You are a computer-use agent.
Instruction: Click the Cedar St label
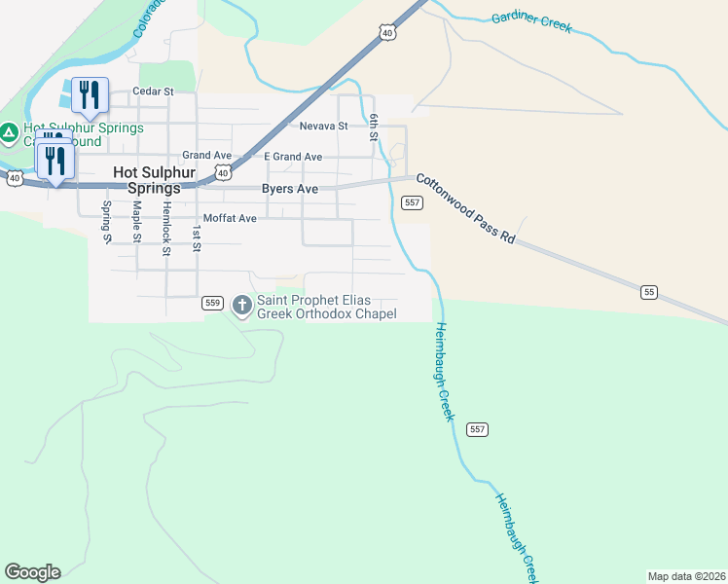click(153, 91)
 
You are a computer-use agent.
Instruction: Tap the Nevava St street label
click(323, 127)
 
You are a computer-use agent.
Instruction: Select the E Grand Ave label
click(293, 157)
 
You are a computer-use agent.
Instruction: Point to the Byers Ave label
click(290, 189)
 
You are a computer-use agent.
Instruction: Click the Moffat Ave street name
click(230, 219)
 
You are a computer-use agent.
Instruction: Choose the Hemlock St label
click(166, 229)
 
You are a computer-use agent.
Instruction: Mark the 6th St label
click(374, 128)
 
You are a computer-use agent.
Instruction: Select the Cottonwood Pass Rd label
click(465, 208)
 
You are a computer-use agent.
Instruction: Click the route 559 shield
click(214, 304)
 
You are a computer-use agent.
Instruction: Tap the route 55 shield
click(650, 292)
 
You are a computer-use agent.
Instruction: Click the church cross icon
click(242, 307)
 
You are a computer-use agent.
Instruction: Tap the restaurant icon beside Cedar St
click(89, 94)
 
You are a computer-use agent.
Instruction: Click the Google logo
click(32, 572)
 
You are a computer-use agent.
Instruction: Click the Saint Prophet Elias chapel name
click(326, 307)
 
